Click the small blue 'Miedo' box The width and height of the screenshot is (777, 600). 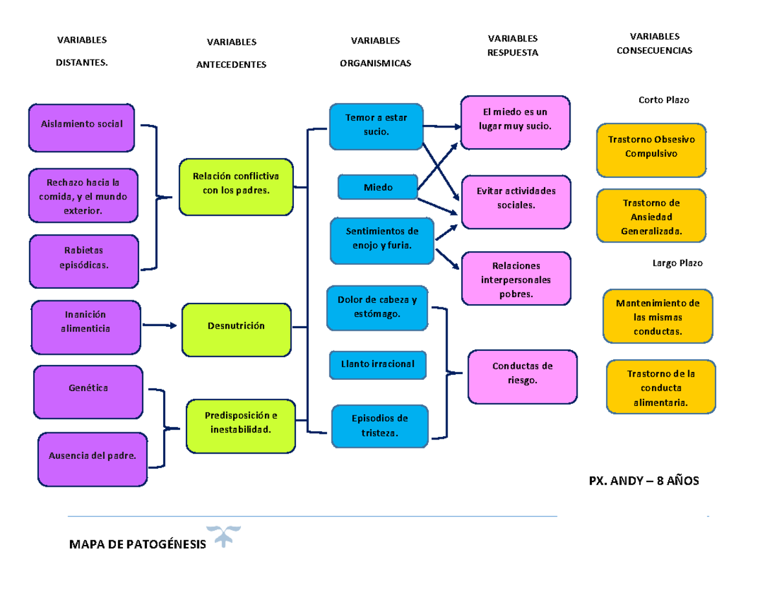pyautogui.click(x=378, y=187)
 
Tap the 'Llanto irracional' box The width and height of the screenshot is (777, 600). pyautogui.click(x=378, y=364)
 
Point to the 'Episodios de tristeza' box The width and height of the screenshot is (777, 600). pyautogui.click(x=379, y=425)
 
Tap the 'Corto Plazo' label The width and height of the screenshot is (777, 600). pyautogui.click(x=664, y=100)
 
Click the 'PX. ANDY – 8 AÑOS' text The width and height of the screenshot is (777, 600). pyautogui.click(x=644, y=482)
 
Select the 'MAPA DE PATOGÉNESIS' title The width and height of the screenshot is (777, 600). pyautogui.click(x=137, y=544)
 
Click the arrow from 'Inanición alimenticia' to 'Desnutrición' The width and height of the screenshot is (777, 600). pyautogui.click(x=159, y=326)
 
